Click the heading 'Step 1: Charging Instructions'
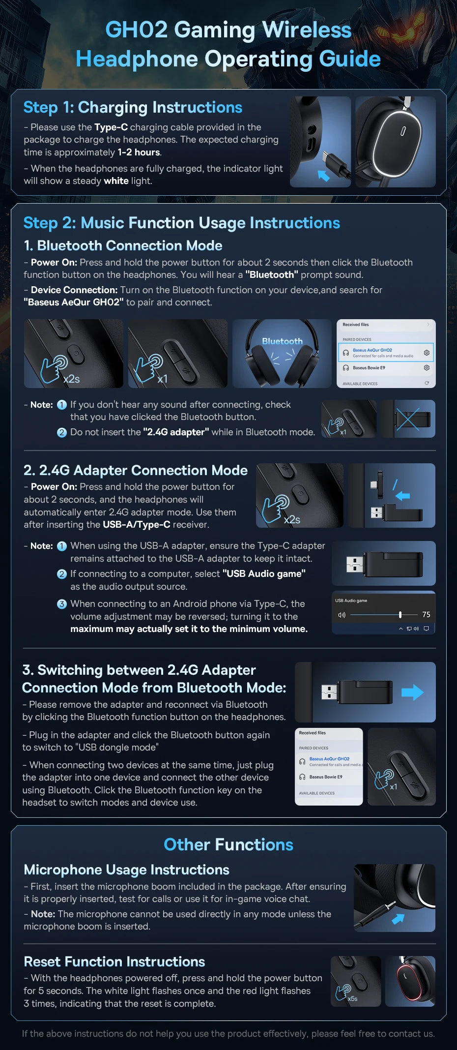pyautogui.click(x=133, y=107)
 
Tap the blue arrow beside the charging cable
pyautogui.click(x=323, y=175)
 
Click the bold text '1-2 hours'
pyautogui.click(x=139, y=152)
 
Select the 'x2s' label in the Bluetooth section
pyautogui.click(x=72, y=379)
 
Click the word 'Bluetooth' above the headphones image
pyautogui.click(x=282, y=341)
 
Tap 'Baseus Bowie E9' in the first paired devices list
pyautogui.click(x=369, y=368)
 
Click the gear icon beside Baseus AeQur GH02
pyautogui.click(x=427, y=353)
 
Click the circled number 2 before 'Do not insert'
pyautogui.click(x=62, y=432)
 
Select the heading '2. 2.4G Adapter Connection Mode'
pyautogui.click(x=136, y=470)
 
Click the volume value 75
pyautogui.click(x=426, y=614)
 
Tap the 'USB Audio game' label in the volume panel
pyautogui.click(x=351, y=600)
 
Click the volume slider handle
pyautogui.click(x=400, y=614)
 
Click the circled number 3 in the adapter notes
pyautogui.click(x=62, y=604)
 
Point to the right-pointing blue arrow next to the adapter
pyautogui.click(x=412, y=692)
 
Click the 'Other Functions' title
pyautogui.click(x=228, y=844)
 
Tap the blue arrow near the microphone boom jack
pyautogui.click(x=398, y=918)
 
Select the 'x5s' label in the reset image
pyautogui.click(x=352, y=999)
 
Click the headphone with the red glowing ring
pyautogui.click(x=410, y=981)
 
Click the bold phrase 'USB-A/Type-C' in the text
pyautogui.click(x=137, y=525)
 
